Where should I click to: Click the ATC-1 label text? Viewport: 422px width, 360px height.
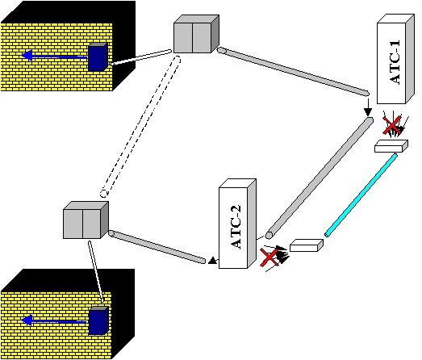tap(395, 62)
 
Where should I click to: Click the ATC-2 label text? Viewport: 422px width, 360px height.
tap(236, 227)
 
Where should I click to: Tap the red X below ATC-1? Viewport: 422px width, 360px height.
tap(392, 125)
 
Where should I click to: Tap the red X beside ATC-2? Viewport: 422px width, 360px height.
tap(269, 257)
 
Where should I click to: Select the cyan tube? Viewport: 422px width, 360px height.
tap(361, 195)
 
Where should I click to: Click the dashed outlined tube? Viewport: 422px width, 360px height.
tap(140, 126)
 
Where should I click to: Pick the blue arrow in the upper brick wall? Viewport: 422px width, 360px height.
tap(54, 56)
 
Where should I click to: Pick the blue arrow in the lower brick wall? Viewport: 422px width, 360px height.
tap(54, 320)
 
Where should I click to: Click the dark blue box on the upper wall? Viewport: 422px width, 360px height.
tap(98, 57)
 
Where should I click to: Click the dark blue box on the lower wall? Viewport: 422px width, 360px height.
tap(98, 320)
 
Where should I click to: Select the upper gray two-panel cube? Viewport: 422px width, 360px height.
tap(196, 34)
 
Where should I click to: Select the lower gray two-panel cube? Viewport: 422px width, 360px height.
tap(86, 220)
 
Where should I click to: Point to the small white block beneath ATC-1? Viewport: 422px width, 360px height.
tap(391, 146)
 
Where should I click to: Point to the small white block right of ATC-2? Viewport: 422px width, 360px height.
tap(307, 245)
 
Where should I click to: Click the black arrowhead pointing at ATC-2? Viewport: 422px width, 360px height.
tap(213, 261)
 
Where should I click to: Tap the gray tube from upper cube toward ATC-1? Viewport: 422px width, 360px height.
tap(293, 72)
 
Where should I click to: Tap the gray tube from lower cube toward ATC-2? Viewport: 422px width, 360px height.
tap(157, 247)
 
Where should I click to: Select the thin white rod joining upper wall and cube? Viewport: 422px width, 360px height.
tap(141, 57)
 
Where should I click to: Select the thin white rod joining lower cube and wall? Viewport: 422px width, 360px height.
tap(96, 271)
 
